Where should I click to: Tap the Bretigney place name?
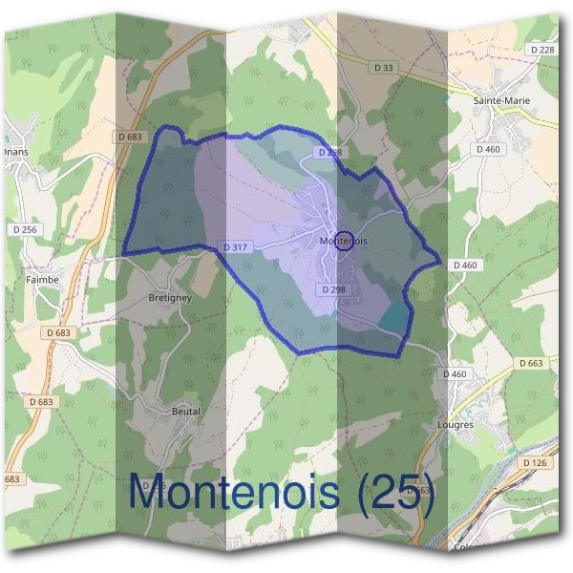click(x=170, y=298)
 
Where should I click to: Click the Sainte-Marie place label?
click(x=500, y=98)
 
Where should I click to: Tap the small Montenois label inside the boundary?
click(x=344, y=242)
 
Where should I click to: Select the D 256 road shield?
click(x=26, y=229)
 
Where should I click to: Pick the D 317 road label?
click(x=236, y=247)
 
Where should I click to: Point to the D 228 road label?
click(x=541, y=50)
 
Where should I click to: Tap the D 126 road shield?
click(x=535, y=462)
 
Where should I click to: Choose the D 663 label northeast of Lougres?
click(x=531, y=363)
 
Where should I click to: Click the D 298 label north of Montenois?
click(x=328, y=153)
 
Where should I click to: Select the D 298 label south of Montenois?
click(x=333, y=288)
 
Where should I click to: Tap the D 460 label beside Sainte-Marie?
click(x=488, y=149)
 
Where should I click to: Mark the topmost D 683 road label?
click(x=130, y=137)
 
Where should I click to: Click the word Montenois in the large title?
click(x=233, y=493)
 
